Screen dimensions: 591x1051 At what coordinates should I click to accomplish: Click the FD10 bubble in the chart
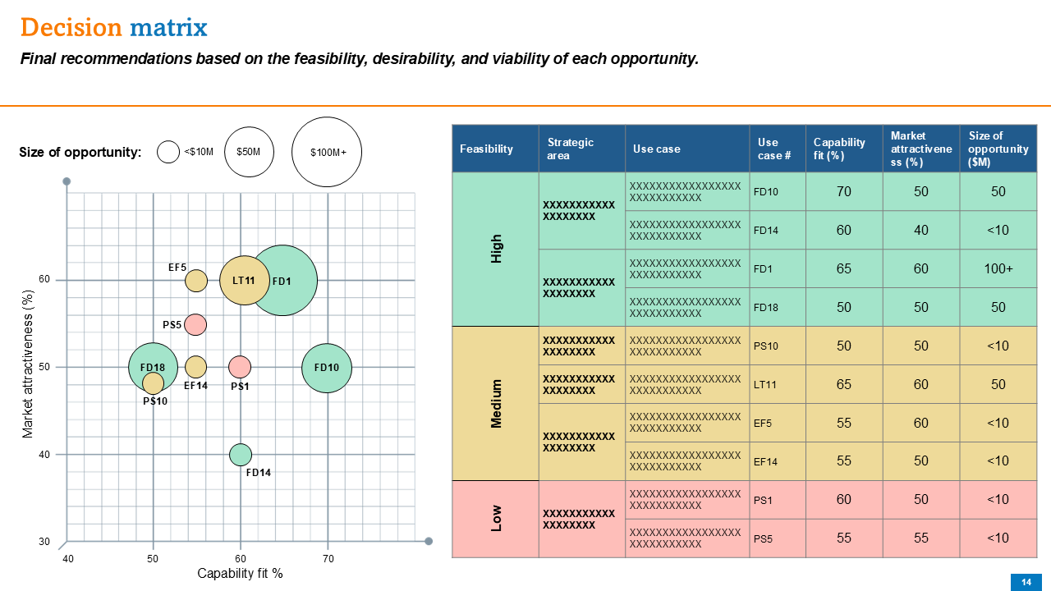click(x=327, y=368)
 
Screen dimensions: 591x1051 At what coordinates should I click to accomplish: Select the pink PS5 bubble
click(x=195, y=324)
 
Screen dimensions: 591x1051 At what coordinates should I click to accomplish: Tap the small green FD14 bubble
click(x=240, y=454)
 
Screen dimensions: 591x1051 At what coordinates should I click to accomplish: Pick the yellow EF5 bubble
click(x=195, y=281)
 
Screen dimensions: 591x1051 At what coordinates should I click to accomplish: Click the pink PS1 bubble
click(x=239, y=366)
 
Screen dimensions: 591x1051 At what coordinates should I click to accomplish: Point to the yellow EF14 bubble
click(x=195, y=367)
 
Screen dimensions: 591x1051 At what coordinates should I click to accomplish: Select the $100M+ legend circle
click(x=327, y=152)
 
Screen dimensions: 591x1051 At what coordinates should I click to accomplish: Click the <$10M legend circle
click(x=168, y=152)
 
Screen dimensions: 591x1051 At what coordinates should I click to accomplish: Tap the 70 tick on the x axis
click(x=328, y=559)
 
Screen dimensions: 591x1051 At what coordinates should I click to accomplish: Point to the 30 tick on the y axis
click(x=44, y=542)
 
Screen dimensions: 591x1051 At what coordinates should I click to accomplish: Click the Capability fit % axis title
click(x=240, y=574)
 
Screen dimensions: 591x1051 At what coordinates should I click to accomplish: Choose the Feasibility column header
click(x=486, y=149)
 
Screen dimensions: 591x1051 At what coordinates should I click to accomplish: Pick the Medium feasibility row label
click(x=496, y=403)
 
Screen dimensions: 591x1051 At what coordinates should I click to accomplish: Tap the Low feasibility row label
click(x=496, y=518)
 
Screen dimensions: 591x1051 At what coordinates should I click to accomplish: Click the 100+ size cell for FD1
click(x=998, y=268)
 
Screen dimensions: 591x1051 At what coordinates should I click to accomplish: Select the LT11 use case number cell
click(x=766, y=384)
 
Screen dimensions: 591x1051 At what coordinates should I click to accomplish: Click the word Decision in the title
click(x=71, y=28)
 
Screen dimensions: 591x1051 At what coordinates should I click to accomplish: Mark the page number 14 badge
click(x=1026, y=582)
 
